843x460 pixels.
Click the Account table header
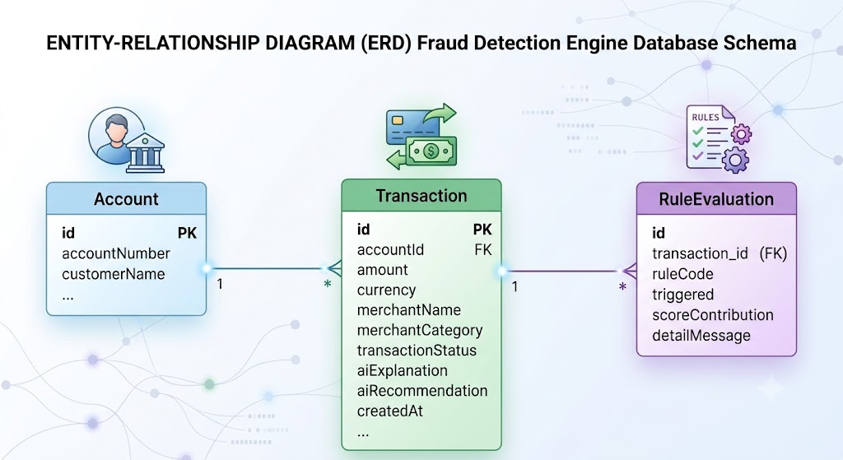(x=126, y=199)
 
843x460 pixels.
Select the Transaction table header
(x=421, y=196)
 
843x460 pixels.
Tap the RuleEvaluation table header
(x=716, y=199)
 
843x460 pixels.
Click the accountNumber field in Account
(x=116, y=253)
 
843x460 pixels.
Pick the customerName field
(x=114, y=274)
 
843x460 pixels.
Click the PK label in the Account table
(x=187, y=233)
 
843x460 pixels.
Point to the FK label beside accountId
(x=482, y=250)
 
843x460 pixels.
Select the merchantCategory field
(x=420, y=331)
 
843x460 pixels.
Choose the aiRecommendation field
(x=422, y=391)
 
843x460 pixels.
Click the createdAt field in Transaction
(x=389, y=411)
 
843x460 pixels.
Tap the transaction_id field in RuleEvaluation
(x=700, y=253)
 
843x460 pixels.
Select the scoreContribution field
(x=713, y=315)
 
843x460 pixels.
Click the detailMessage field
(x=701, y=336)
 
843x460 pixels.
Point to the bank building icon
(x=145, y=152)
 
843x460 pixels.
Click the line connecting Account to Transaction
(x=267, y=268)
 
